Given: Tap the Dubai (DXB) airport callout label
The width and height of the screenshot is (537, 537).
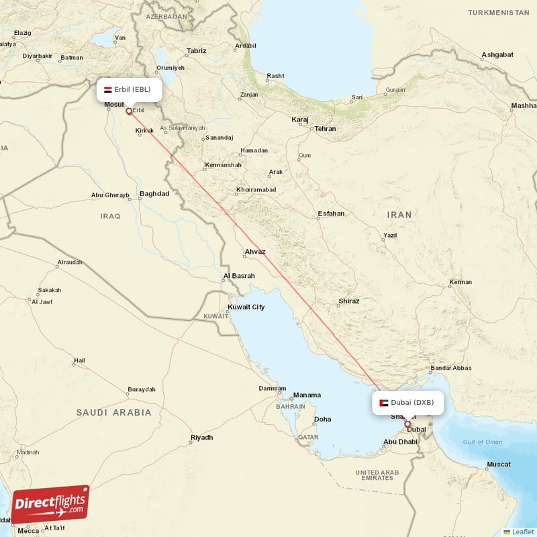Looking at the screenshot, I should (x=407, y=403).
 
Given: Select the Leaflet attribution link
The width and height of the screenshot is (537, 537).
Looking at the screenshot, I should (x=520, y=531).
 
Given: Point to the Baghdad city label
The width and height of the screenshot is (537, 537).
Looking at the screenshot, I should (x=154, y=194).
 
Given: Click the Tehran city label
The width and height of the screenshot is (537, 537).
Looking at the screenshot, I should (x=325, y=128).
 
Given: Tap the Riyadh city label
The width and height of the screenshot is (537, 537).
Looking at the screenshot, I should (x=201, y=438).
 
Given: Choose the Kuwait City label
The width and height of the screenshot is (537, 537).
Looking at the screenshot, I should (x=246, y=307).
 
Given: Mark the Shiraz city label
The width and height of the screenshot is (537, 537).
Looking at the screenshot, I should (x=349, y=301).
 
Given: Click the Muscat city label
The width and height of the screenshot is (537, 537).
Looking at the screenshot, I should (x=499, y=465).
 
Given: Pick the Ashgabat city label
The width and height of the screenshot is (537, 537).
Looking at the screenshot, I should (x=497, y=55).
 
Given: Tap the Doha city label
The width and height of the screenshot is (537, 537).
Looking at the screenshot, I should (x=323, y=420).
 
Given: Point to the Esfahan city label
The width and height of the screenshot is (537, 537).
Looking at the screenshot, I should (x=331, y=214).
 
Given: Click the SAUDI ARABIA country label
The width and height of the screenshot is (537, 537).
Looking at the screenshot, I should (x=113, y=412).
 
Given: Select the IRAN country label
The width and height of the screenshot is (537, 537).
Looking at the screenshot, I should (x=399, y=215).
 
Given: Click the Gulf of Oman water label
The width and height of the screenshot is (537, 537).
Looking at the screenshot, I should (x=482, y=442).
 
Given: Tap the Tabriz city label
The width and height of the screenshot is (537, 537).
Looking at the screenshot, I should (x=197, y=51).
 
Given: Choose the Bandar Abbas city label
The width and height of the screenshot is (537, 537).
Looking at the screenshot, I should (x=451, y=368).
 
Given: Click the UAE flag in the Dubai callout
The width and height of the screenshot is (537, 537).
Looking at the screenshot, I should (x=383, y=403).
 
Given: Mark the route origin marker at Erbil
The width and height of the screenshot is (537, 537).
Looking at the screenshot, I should (x=128, y=111).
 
